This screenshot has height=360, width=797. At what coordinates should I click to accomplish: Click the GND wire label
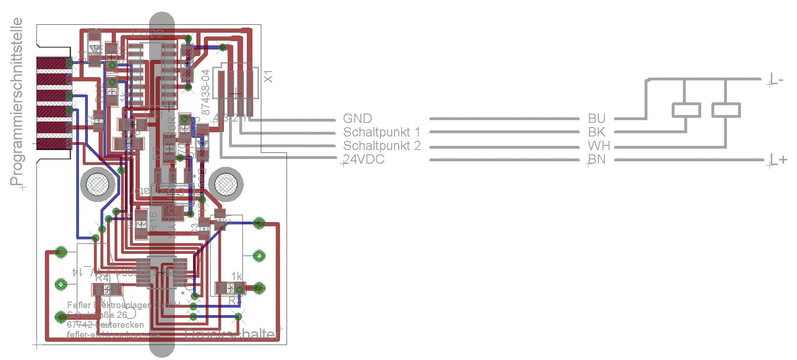point(357,119)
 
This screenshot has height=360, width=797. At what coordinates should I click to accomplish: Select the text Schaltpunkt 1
point(381,132)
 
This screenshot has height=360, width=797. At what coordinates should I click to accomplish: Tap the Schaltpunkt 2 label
point(381,146)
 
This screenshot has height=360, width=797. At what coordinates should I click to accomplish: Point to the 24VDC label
point(364,159)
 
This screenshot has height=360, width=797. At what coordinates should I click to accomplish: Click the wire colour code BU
point(596,119)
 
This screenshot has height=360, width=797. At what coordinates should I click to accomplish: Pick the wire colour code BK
point(596,132)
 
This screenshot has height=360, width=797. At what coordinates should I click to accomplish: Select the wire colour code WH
point(599,146)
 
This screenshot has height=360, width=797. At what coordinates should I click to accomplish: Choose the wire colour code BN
point(596,159)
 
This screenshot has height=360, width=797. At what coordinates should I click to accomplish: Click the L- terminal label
point(776,80)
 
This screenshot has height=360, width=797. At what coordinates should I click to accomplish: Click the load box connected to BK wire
point(686,110)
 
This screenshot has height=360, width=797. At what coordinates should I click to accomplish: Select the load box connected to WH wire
point(726,110)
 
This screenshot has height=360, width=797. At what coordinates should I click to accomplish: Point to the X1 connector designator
point(268,77)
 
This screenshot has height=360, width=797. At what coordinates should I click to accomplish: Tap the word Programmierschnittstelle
point(17,101)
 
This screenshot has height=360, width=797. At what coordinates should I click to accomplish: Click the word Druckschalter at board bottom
point(232,334)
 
